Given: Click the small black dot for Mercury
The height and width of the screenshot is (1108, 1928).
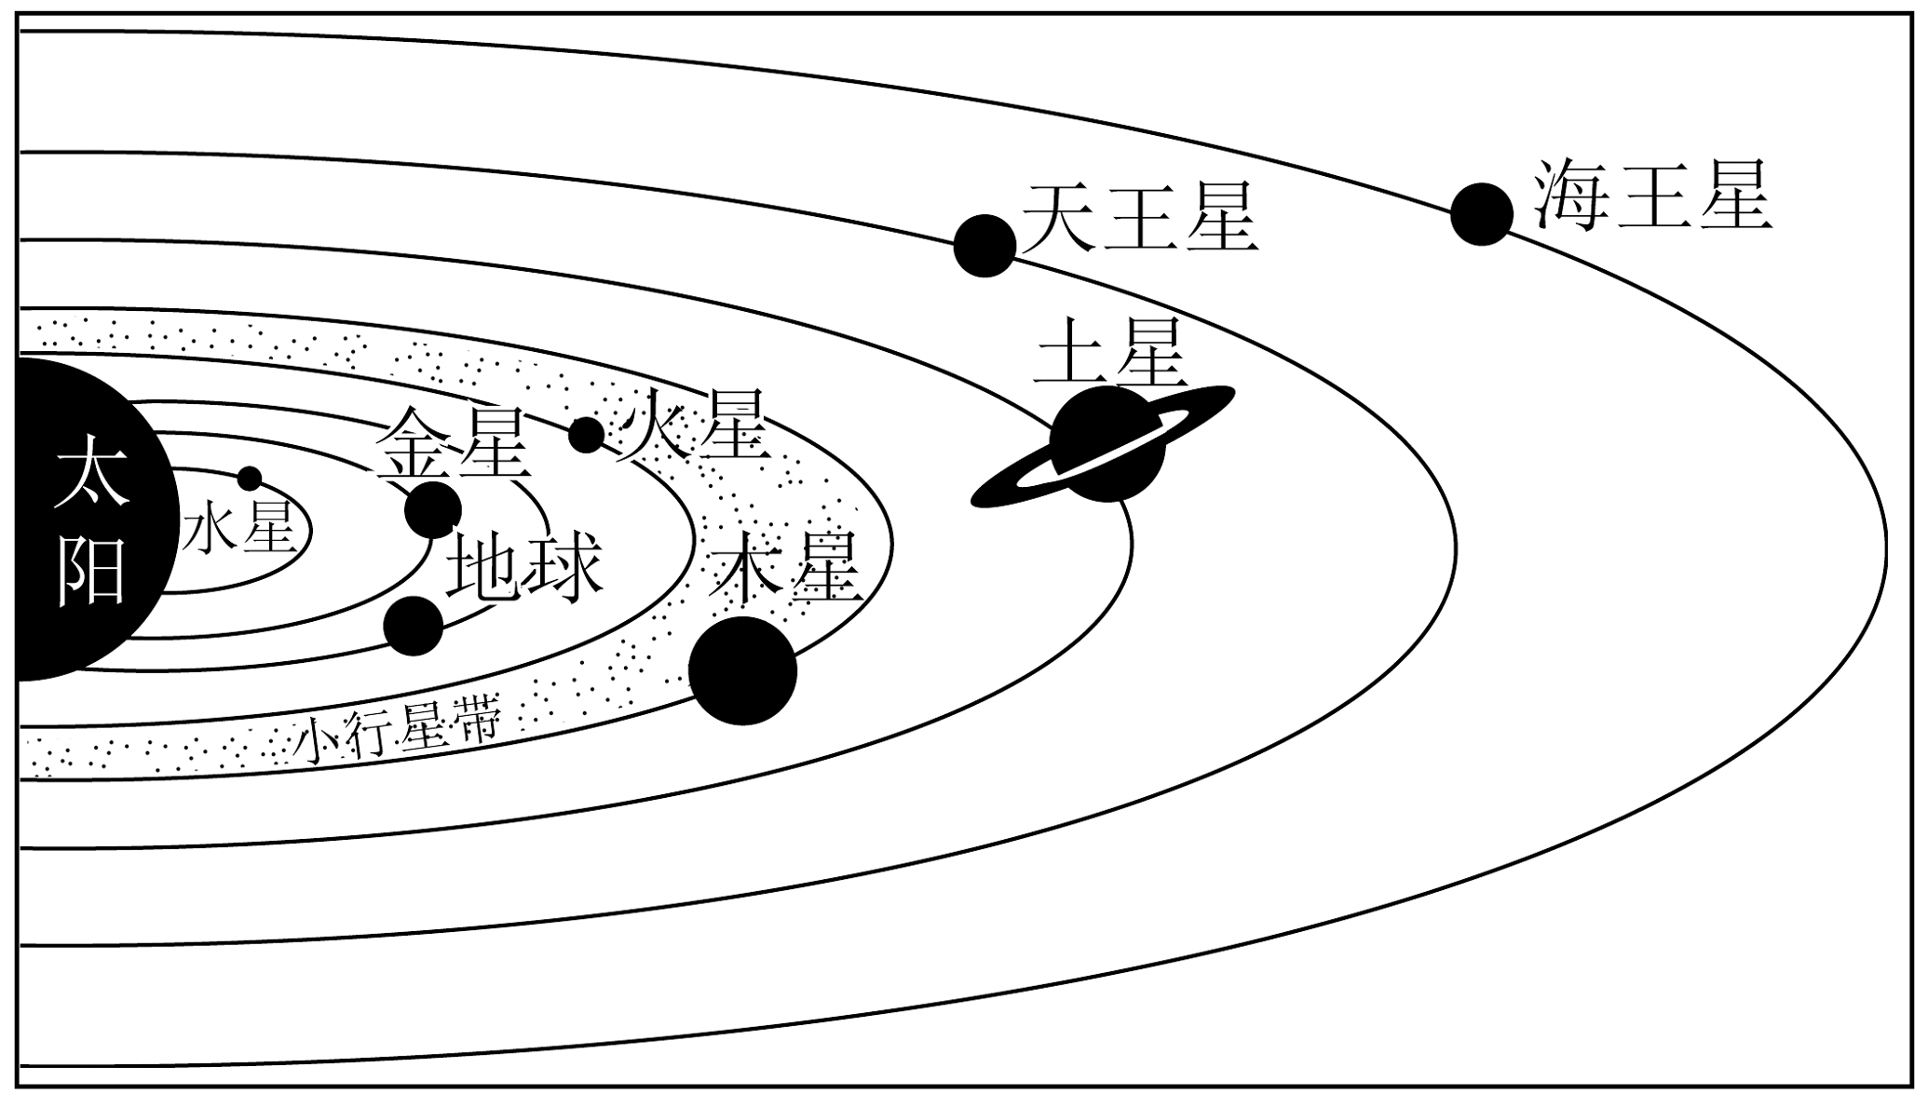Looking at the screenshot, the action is tap(249, 479).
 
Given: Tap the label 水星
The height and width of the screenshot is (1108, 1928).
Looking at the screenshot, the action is tap(238, 529).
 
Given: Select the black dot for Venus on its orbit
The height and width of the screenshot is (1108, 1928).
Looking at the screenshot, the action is tap(433, 509).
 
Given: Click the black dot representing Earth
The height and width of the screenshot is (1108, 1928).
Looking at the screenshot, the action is tap(414, 626).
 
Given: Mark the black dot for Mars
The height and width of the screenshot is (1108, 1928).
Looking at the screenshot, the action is tap(586, 435).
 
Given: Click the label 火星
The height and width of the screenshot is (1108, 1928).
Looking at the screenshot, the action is tap(693, 425).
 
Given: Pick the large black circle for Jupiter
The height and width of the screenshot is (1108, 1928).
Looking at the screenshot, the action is tap(742, 670).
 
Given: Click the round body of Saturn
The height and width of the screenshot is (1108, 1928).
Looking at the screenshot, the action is tap(1107, 444).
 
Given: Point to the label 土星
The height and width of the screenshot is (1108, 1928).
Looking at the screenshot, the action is tap(1110, 352).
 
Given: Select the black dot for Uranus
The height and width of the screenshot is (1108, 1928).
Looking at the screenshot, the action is tap(984, 246).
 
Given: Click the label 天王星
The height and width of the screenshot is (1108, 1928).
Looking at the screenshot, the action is tap(1141, 218).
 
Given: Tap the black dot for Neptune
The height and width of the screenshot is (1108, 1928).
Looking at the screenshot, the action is tap(1481, 214).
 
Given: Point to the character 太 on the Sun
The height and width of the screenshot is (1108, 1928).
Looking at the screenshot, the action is tap(90, 470).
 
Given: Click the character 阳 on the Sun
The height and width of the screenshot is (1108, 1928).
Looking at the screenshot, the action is tap(90, 568).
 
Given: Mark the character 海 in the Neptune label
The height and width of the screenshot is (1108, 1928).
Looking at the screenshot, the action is tap(1571, 196).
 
